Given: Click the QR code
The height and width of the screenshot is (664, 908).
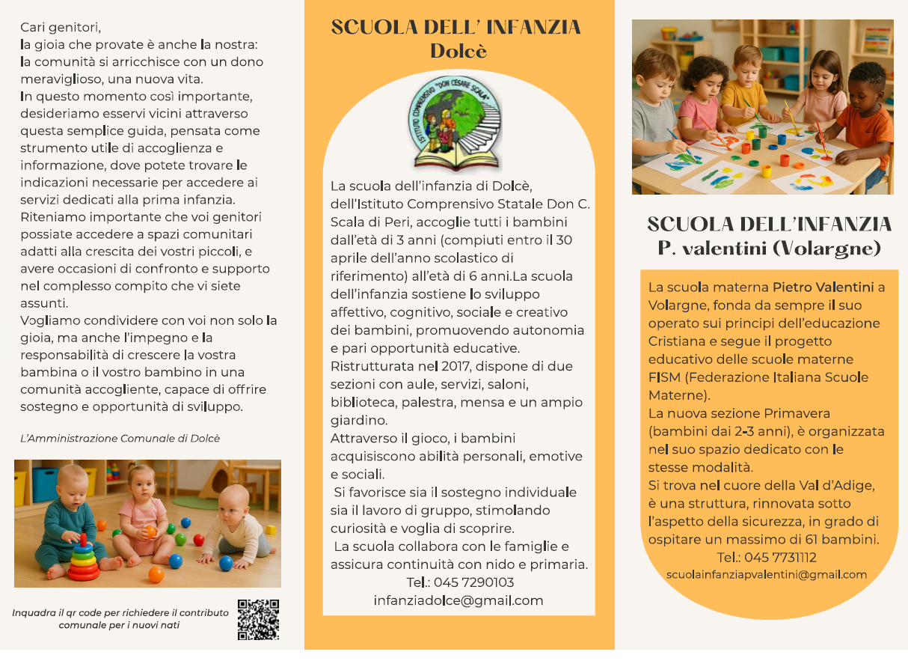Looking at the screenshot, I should pos(258,619).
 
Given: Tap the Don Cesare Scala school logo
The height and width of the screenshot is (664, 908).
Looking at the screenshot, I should pos(458,125).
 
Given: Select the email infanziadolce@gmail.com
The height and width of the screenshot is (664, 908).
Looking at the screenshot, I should pos(458,600).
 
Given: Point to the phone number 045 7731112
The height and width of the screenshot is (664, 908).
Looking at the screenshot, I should pos(767,558).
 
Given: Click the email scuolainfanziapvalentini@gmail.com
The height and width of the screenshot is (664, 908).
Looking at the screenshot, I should pos(767,575).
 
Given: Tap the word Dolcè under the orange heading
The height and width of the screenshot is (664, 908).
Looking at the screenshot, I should pos(458,51).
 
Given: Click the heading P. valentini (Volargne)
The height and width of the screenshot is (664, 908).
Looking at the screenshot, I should pos(770,248).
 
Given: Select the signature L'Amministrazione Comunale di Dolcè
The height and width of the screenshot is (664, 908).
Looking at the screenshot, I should pos(120,438).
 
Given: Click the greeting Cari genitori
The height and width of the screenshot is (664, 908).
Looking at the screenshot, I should pos(61,28).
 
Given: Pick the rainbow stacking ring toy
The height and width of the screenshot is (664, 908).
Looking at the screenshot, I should pos(83,559).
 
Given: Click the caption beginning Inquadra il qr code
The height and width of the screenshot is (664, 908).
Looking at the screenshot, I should pos(120,618).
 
